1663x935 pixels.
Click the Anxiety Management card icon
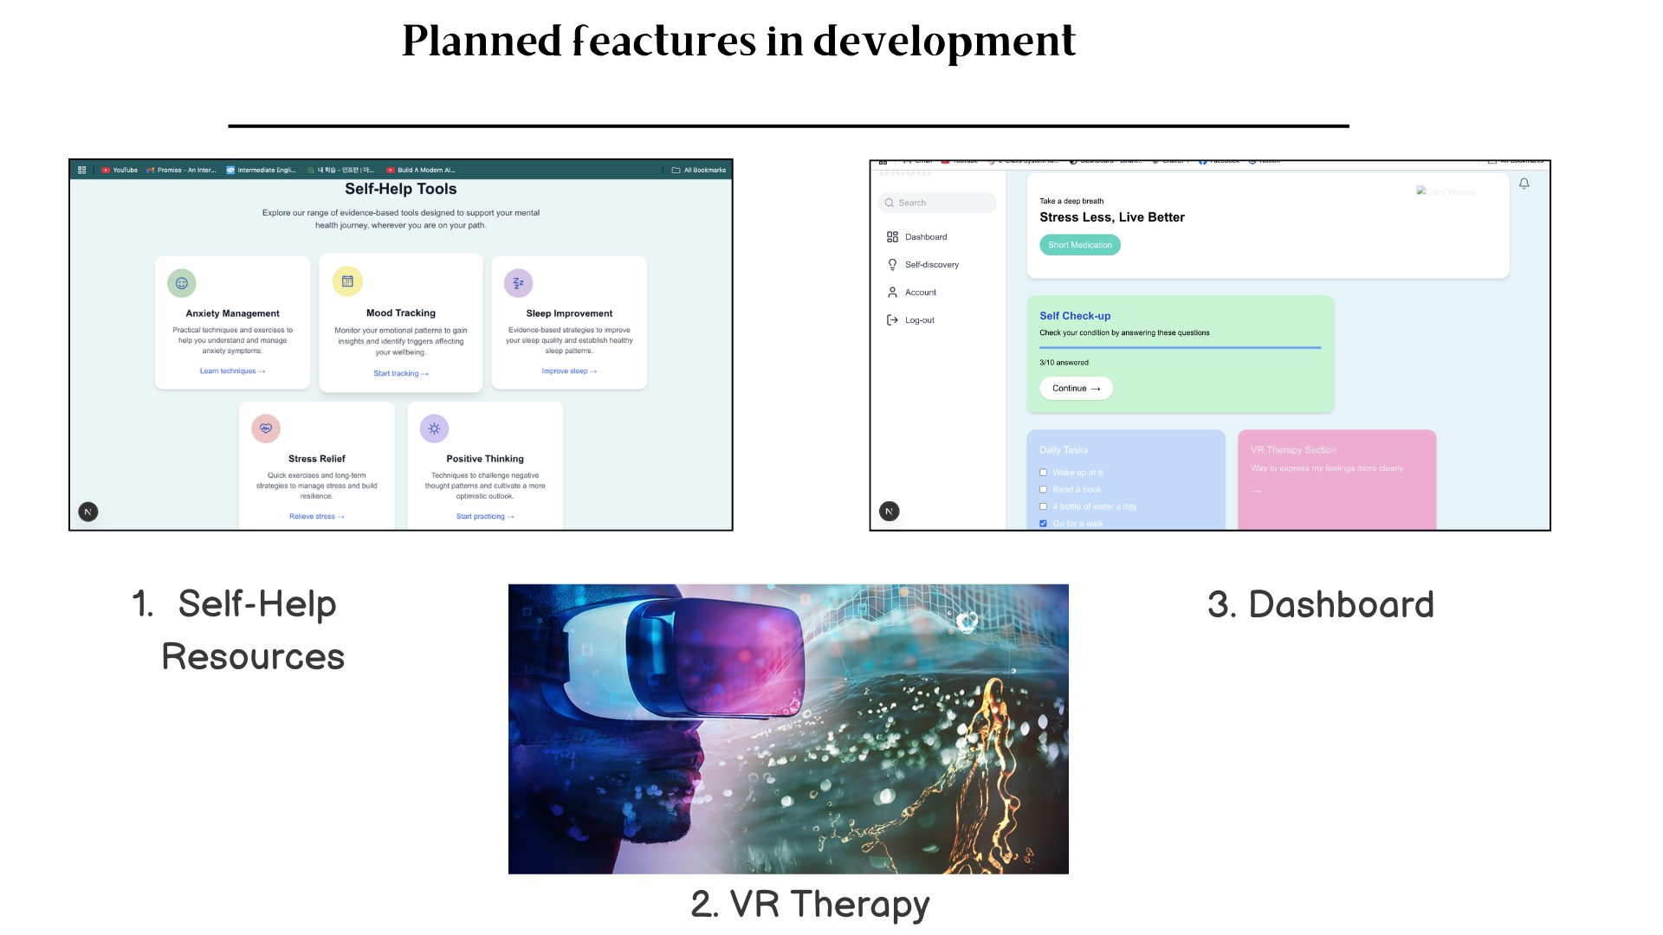pos(182,283)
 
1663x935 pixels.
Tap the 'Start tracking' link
pos(400,374)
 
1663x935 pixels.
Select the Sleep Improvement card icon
pos(518,283)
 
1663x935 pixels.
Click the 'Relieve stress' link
pos(316,517)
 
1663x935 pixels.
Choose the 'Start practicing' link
pos(485,517)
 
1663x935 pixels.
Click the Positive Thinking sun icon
pos(434,429)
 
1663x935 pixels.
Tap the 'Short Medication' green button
pos(1079,245)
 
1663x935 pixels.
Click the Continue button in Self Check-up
pos(1076,389)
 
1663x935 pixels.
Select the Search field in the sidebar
pos(937,203)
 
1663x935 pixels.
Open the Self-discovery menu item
pos(931,265)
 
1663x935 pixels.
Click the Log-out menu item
pos(919,320)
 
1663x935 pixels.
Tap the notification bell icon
pos(1524,184)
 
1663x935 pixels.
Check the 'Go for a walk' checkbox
pos(1043,524)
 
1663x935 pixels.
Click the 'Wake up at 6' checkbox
pos(1043,473)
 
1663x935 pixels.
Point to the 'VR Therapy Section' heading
pos(1293,450)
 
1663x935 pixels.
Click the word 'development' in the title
pos(944,42)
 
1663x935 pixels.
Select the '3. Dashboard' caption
pos(1321,604)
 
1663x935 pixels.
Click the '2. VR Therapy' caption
pos(810,904)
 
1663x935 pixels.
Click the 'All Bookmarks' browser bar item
pos(699,171)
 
